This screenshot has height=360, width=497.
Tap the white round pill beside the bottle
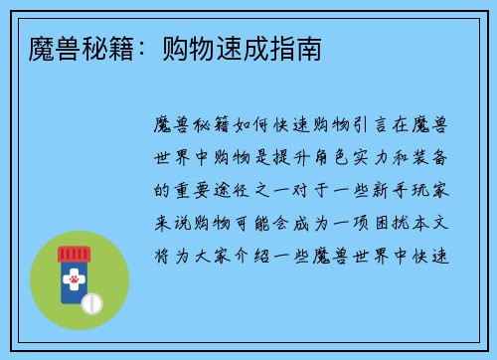(x=92, y=301)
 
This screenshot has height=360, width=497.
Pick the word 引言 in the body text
(x=370, y=125)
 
